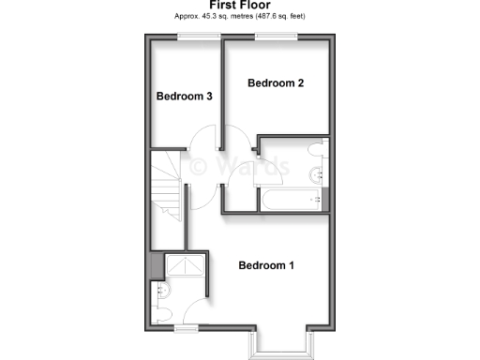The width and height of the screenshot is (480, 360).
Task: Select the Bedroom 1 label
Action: [x=266, y=265]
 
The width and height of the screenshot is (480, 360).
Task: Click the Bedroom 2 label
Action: [x=276, y=83]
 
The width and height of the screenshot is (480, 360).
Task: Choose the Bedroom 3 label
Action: [x=184, y=97]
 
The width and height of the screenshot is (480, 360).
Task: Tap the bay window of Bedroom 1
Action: [x=279, y=347]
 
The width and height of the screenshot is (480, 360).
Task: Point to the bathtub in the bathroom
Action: [x=292, y=199]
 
